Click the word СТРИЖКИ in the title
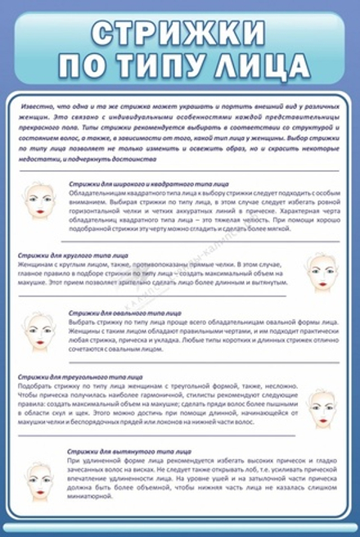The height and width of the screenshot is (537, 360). (180, 34)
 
